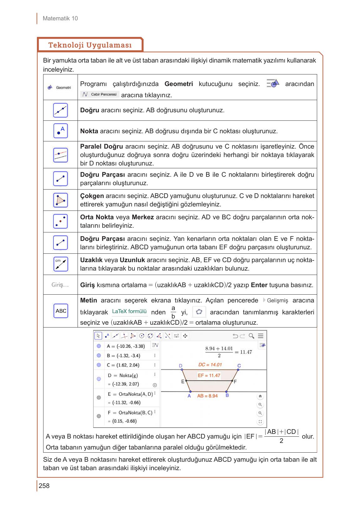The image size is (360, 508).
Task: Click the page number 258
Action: click(44, 486)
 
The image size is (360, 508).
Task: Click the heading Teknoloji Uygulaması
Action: click(90, 45)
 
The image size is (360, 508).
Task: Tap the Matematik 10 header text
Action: click(60, 18)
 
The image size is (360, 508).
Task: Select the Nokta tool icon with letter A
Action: click(60, 131)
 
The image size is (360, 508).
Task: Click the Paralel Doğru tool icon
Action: click(60, 155)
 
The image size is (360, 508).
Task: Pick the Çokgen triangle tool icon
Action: click(60, 200)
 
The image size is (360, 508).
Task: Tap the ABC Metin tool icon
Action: click(61, 311)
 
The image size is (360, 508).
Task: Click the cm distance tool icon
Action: click(60, 264)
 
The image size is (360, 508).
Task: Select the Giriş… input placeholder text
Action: click(60, 285)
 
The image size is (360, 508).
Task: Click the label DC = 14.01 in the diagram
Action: click(210, 365)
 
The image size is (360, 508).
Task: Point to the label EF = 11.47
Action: click(209, 375)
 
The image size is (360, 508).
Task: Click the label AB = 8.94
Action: click(207, 396)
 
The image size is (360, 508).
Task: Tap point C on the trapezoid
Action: click(238, 370)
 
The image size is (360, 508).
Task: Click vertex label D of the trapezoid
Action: click(180, 366)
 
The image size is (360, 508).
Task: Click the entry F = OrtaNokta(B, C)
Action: click(130, 413)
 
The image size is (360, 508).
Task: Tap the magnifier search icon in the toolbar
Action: click(251, 336)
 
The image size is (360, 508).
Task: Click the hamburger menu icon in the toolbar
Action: click(261, 336)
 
